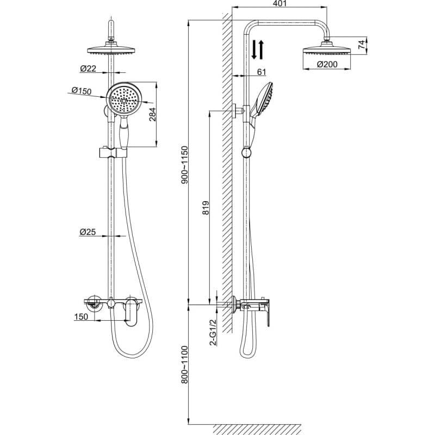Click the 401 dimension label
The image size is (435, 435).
[x=279, y=3]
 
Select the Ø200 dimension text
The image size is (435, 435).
[x=327, y=64]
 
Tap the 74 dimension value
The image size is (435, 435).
[x=362, y=45]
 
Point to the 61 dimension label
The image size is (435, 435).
[x=262, y=72]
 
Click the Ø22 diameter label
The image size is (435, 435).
[x=88, y=69]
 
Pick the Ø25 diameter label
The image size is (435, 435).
[x=88, y=232]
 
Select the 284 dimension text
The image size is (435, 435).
[x=153, y=114]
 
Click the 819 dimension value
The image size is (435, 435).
[x=206, y=208]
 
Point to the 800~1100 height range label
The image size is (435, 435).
[x=184, y=364]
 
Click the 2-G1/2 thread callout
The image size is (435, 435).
[x=213, y=332]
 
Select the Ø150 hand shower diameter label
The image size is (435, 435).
[x=81, y=90]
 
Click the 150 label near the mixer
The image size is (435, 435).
[x=81, y=316]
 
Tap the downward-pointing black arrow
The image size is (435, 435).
[x=254, y=49]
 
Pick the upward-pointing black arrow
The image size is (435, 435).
[x=260, y=49]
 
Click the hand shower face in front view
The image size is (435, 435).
[x=124, y=98]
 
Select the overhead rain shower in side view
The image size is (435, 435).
[x=327, y=49]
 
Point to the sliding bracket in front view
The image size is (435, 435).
[x=113, y=153]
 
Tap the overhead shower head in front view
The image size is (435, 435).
[x=111, y=49]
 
